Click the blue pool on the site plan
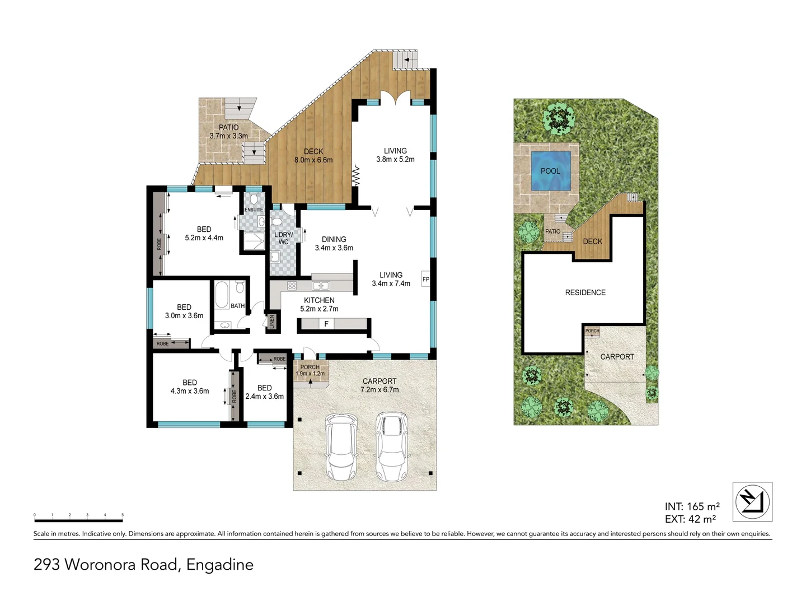550,170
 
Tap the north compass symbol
752,501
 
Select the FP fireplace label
426,279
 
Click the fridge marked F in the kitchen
326,324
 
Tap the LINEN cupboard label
272,322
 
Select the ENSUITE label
254,210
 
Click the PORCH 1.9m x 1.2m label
310,370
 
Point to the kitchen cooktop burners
292,286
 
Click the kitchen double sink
321,286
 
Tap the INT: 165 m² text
692,507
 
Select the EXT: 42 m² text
690,519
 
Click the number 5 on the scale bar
123,515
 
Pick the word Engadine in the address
220,564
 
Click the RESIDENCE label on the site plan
585,292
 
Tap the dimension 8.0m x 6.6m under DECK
313,160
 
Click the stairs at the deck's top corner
405,59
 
